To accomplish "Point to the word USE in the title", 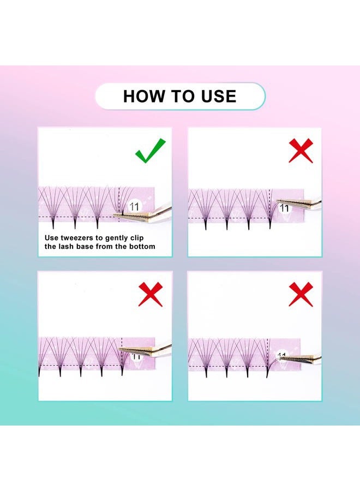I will click(217, 97).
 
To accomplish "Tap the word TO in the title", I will click(181, 97).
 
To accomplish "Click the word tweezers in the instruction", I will click(77, 238).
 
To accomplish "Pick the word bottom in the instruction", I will click(141, 247).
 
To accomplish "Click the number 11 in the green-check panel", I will click(134, 206).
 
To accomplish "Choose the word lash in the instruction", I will click(67, 247).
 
